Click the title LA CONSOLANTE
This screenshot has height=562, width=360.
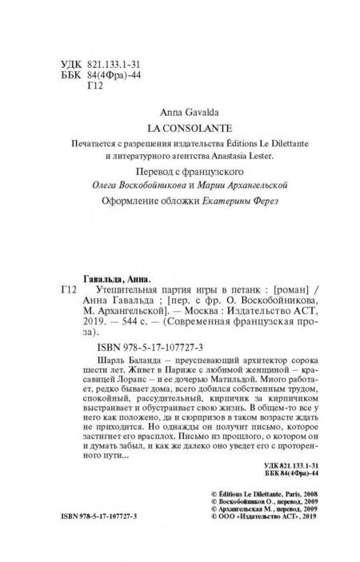click(x=180, y=126)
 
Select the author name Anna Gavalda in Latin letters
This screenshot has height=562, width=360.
click(x=180, y=111)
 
